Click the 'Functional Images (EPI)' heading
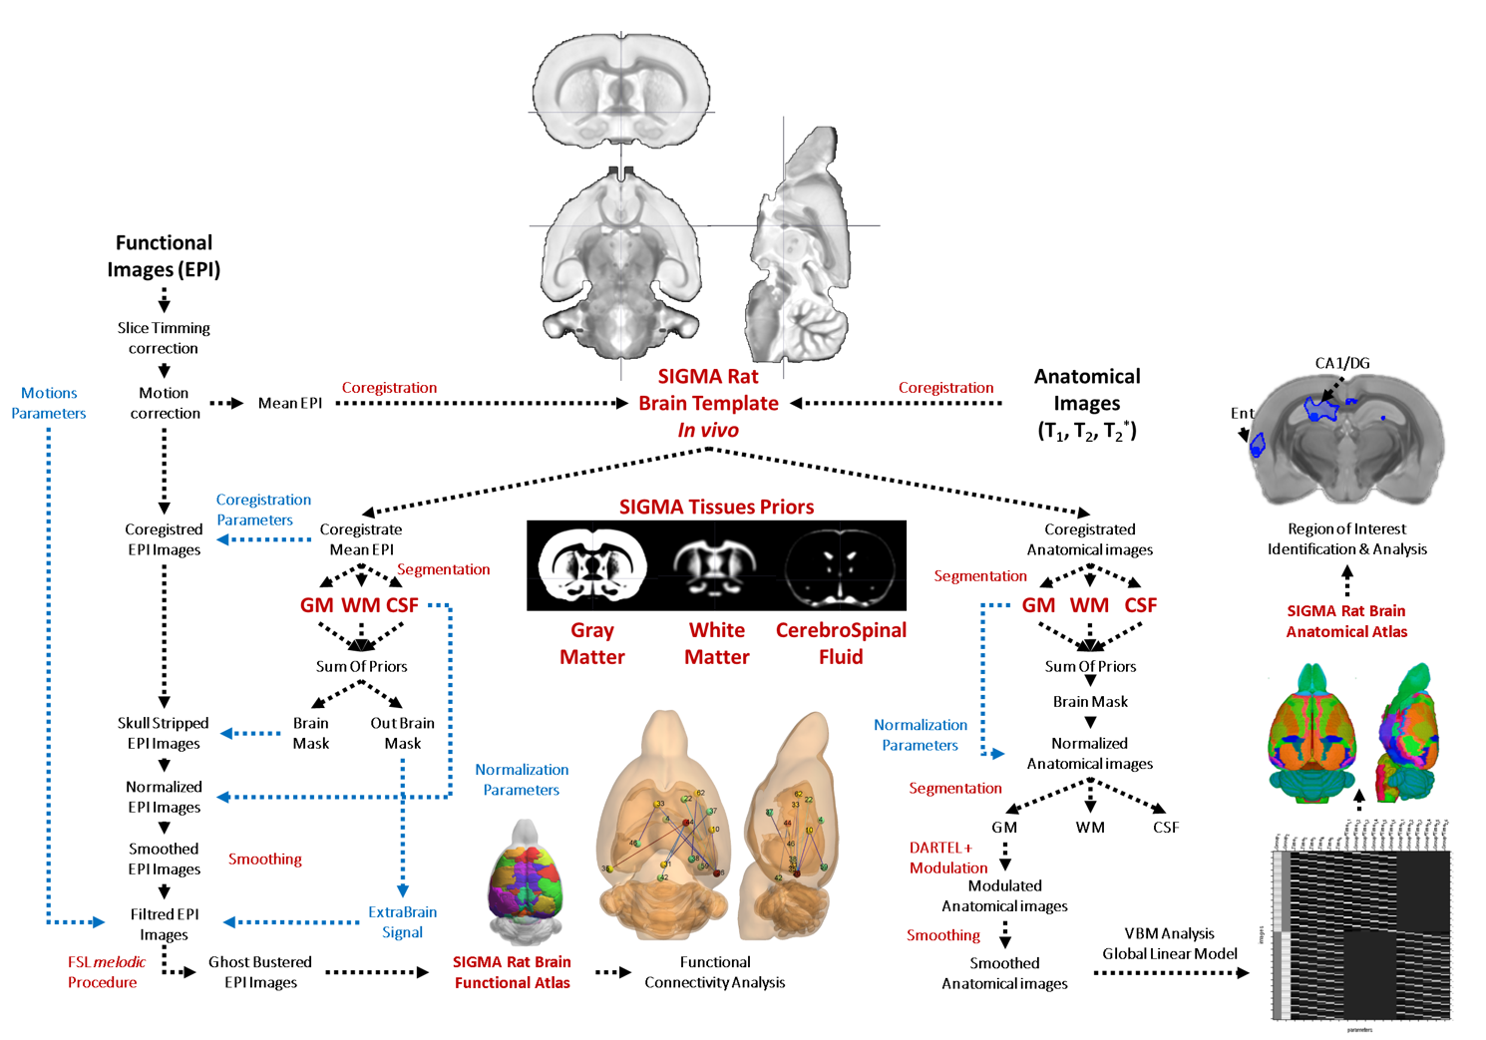point(164,256)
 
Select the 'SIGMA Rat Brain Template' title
point(708,391)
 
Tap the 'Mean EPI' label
point(289,403)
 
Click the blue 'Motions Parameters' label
point(49,403)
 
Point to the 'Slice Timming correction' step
point(164,338)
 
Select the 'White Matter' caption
point(716,643)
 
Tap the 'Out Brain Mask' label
point(402,733)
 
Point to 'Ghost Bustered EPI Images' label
point(260,972)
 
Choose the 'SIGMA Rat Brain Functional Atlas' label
point(512,972)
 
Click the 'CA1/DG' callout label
point(1341,363)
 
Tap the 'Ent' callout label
point(1242,413)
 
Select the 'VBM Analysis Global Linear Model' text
point(1169,943)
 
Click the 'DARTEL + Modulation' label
point(946,858)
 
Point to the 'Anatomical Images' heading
point(1087,390)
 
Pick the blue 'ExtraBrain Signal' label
point(402,922)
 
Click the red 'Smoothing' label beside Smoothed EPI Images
point(264,859)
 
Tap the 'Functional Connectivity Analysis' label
point(714,972)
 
